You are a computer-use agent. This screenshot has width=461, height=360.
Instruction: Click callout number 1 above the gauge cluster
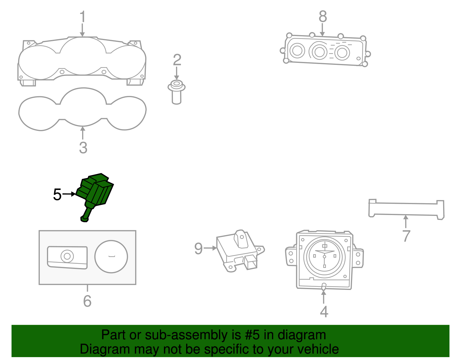tap(83, 17)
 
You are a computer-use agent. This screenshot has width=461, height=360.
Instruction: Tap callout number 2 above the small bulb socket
tap(177, 60)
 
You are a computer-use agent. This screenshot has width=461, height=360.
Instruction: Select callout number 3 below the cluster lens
tap(83, 148)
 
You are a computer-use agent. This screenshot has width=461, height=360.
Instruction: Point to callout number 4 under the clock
tap(324, 312)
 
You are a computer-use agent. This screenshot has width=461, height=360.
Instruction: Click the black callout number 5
tap(57, 195)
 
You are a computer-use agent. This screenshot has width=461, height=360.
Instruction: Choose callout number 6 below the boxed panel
tap(87, 301)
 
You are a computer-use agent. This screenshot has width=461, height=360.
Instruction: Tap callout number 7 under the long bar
tap(406, 236)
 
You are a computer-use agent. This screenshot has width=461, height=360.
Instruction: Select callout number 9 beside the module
tap(199, 248)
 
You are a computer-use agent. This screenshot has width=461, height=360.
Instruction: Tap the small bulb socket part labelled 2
tap(176, 92)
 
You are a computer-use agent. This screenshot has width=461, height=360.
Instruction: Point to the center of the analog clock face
tap(324, 256)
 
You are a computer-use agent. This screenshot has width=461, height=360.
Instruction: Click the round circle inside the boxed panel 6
tap(111, 257)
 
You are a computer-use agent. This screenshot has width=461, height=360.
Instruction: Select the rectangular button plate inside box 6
tap(67, 257)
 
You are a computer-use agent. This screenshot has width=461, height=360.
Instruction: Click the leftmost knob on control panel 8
tap(297, 51)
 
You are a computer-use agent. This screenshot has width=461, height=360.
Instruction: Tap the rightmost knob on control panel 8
tap(342, 53)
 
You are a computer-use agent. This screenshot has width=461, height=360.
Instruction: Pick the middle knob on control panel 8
tap(319, 52)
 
